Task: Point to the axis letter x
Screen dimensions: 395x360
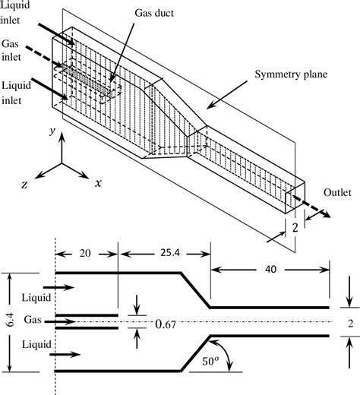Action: (x=99, y=183)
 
